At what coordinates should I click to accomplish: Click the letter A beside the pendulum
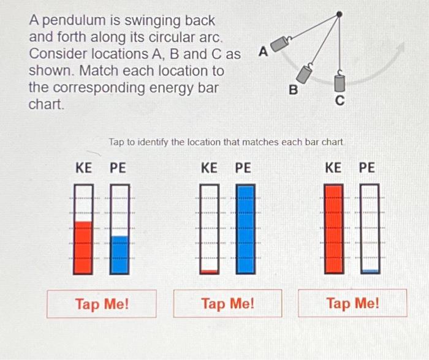click(263, 52)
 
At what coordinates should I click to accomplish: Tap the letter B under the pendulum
click(293, 91)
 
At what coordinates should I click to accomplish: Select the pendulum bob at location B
click(305, 73)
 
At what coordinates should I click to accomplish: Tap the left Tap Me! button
click(102, 303)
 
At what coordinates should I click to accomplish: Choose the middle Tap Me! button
click(227, 303)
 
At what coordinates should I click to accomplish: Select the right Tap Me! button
click(352, 303)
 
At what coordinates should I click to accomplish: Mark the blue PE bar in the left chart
click(120, 254)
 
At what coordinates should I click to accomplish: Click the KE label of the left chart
click(84, 167)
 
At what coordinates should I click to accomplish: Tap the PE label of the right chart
click(366, 167)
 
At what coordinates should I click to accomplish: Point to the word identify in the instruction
click(148, 142)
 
